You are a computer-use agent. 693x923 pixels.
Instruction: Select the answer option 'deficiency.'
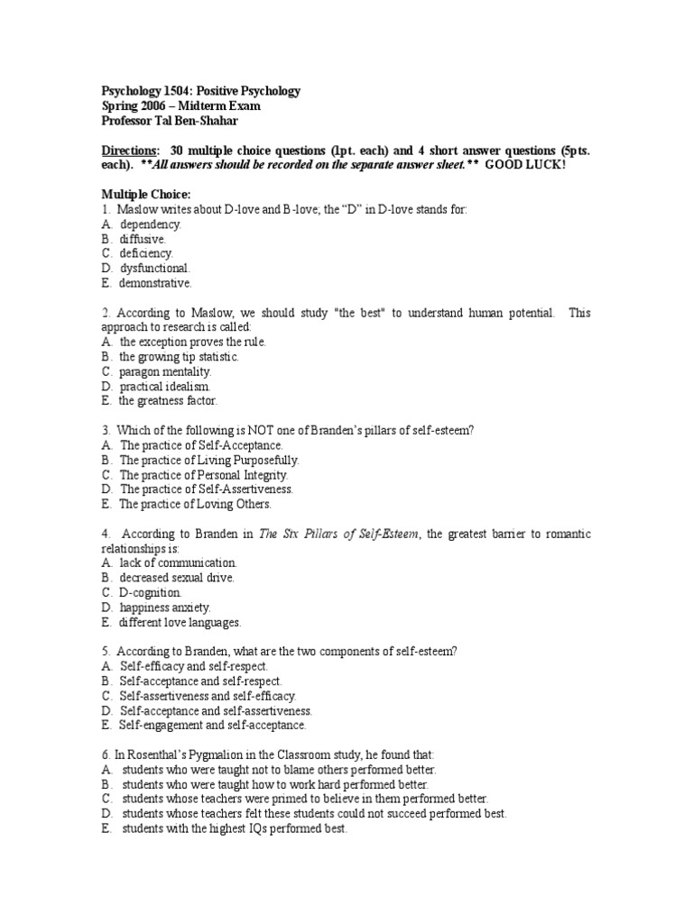tap(146, 253)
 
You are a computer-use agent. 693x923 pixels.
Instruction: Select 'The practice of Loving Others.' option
tap(194, 504)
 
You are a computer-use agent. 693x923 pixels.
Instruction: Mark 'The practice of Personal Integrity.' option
tap(204, 474)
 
